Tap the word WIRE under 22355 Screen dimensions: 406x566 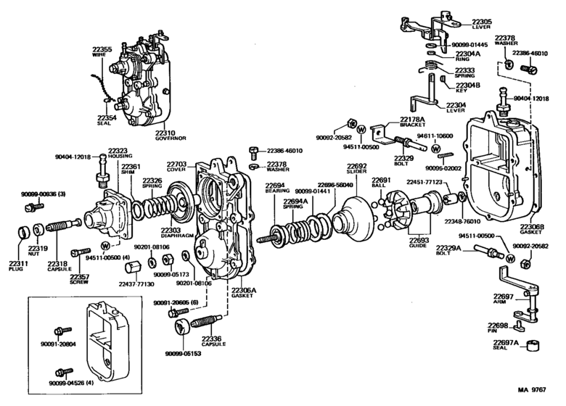pos(103,55)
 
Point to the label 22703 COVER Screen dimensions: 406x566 pos(178,167)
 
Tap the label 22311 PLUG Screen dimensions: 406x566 pos(17,267)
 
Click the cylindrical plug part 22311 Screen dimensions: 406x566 pos(24,234)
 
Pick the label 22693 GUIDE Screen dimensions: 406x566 pos(419,244)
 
